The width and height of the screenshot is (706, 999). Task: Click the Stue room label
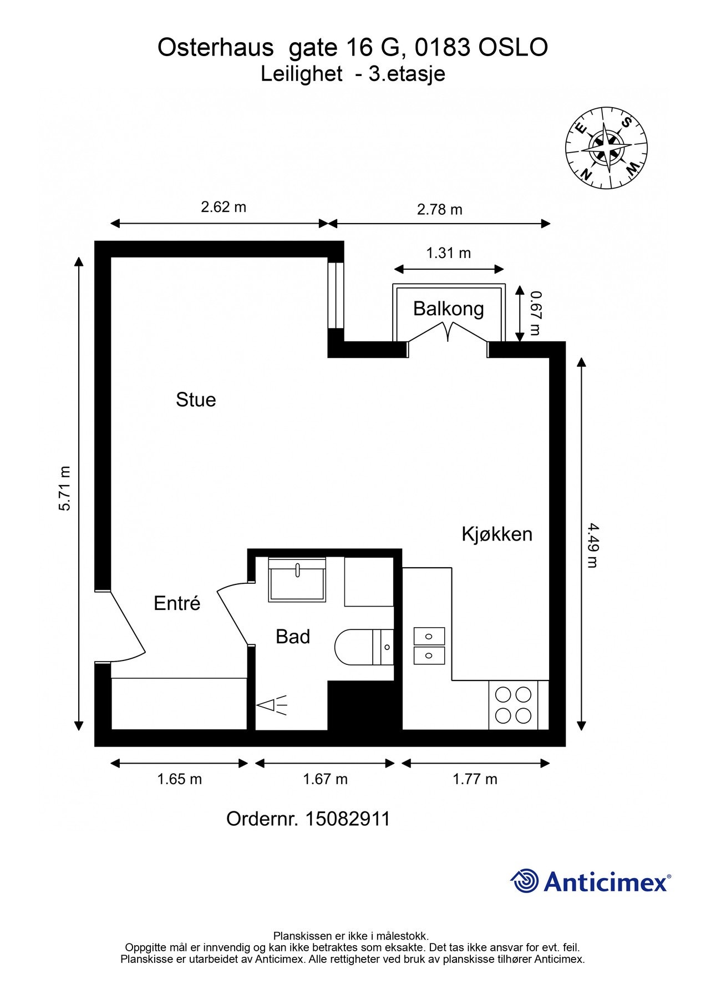(196, 400)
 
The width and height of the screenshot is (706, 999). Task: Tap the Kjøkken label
(497, 534)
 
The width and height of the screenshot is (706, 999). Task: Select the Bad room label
(293, 637)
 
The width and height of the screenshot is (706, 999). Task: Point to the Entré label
(177, 603)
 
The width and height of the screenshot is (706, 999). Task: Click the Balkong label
(449, 309)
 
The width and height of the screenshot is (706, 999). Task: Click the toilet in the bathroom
(364, 647)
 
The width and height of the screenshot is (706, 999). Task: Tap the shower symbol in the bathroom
(272, 705)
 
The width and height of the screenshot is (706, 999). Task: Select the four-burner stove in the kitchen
(514, 705)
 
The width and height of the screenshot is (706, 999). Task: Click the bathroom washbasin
(297, 579)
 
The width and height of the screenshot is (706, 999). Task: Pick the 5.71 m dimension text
(65, 488)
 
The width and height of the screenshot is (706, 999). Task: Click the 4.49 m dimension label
(592, 545)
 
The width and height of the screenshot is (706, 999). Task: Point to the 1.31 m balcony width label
(449, 253)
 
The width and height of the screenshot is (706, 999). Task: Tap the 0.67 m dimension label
(535, 314)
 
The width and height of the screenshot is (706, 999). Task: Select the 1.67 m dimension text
(325, 779)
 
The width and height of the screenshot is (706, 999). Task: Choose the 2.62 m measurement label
(224, 207)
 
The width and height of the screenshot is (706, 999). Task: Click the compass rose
(607, 147)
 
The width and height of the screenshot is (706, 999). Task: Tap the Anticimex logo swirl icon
(525, 881)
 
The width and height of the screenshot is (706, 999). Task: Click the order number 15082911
(348, 819)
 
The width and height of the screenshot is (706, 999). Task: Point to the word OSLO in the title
(513, 48)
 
